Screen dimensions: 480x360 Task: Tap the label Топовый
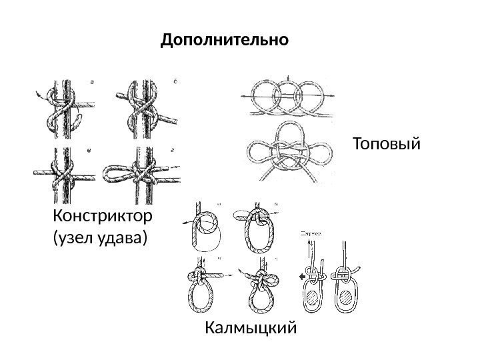387,143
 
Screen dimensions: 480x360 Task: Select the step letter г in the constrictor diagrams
173,153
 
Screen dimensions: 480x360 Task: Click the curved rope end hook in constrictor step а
79,120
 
